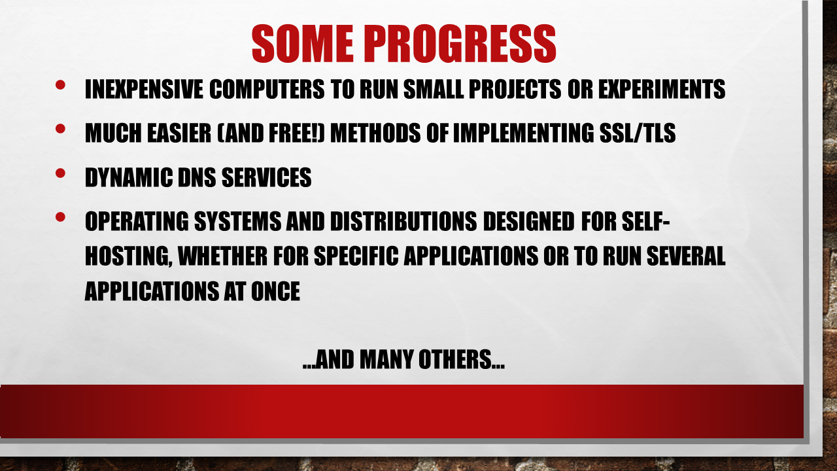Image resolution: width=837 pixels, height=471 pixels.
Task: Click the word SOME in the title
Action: pos(303,43)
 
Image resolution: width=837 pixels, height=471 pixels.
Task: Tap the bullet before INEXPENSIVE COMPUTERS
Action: pos(60,85)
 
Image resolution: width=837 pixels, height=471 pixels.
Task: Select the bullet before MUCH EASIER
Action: pos(60,129)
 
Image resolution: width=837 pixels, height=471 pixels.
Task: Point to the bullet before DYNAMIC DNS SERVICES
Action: pos(60,173)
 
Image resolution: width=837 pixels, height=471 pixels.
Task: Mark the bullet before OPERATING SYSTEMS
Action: pos(60,217)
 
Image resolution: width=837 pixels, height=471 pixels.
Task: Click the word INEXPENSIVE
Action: pos(144,89)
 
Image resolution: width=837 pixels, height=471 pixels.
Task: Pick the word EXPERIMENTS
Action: pos(662,89)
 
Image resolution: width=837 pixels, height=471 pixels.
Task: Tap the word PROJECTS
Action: pos(515,89)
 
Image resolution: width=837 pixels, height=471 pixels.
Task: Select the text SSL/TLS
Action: pos(638,133)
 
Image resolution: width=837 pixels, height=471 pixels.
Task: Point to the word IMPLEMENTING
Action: pos(523,133)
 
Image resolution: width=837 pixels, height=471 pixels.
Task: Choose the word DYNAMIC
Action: pos(128,177)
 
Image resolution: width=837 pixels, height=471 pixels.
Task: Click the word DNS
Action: pos(197,177)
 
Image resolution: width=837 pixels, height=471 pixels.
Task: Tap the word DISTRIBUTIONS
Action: pos(403,221)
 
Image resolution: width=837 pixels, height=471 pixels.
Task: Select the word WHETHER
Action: pos(222,256)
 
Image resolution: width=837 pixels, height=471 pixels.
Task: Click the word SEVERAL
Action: pos(686,256)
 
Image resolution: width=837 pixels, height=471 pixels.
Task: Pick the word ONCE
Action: pos(275,291)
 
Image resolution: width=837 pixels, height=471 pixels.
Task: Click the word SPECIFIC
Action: pos(356,256)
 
